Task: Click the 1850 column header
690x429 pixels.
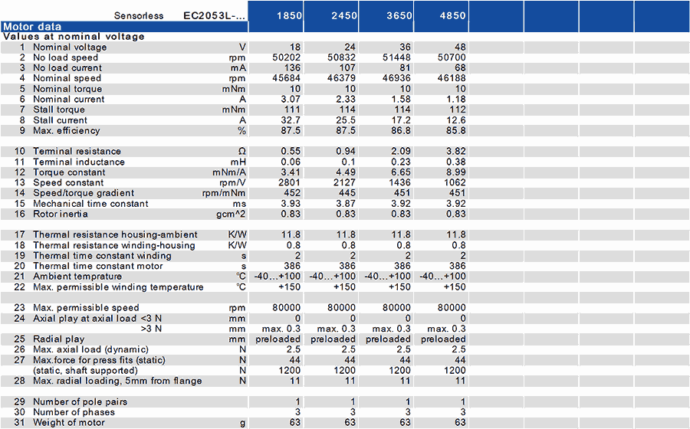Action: pyautogui.click(x=289, y=15)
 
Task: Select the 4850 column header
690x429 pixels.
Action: pyautogui.click(x=452, y=15)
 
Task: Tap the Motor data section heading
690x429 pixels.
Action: pyautogui.click(x=32, y=26)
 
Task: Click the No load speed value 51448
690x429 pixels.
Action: pyautogui.click(x=396, y=57)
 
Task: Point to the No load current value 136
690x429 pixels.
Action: pyautogui.click(x=292, y=67)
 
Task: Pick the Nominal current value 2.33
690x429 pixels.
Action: pyautogui.click(x=346, y=99)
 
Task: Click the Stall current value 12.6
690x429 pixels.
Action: pyautogui.click(x=456, y=120)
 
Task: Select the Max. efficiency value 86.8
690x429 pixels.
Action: pyautogui.click(x=401, y=130)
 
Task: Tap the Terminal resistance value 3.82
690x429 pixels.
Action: pyautogui.click(x=456, y=151)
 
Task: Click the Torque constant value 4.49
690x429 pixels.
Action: pyautogui.click(x=346, y=172)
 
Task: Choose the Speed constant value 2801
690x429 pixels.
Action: pyautogui.click(x=290, y=182)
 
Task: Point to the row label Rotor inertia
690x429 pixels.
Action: pyautogui.click(x=61, y=214)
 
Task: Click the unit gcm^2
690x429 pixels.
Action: pyautogui.click(x=231, y=214)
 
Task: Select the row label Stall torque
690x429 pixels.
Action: pyautogui.click(x=58, y=110)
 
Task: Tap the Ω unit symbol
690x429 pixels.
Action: pyautogui.click(x=242, y=151)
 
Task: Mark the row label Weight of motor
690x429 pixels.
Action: pyautogui.click(x=69, y=422)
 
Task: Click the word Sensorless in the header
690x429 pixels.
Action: pyautogui.click(x=139, y=16)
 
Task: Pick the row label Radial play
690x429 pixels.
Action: pyautogui.click(x=58, y=339)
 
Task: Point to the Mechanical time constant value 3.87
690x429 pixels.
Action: pyautogui.click(x=346, y=204)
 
